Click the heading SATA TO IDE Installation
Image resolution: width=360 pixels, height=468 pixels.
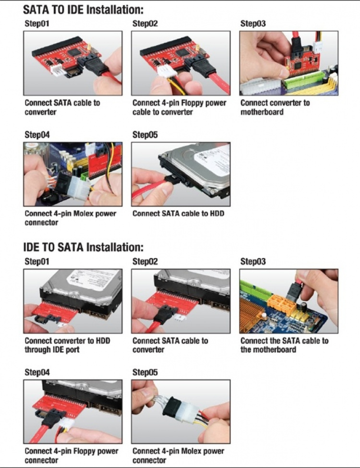click(83, 9)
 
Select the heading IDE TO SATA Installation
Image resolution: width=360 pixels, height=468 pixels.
click(83, 247)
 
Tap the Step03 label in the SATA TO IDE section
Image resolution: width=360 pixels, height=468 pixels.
click(253, 24)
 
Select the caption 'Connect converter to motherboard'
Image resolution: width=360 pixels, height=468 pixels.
click(275, 107)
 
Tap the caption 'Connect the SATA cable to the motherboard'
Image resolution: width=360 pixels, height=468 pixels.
click(284, 345)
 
